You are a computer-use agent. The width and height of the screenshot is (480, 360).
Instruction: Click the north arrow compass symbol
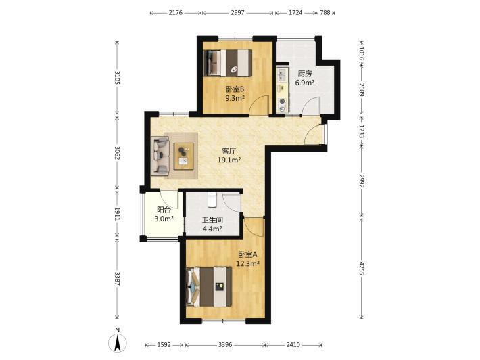coord(118,343)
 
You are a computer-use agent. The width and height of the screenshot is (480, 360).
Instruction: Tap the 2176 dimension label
coord(176,13)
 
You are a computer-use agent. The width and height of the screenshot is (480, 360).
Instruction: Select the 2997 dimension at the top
coord(237,13)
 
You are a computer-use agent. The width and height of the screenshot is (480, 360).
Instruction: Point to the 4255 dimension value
coord(362,268)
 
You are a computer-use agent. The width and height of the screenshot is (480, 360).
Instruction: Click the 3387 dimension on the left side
coord(117,279)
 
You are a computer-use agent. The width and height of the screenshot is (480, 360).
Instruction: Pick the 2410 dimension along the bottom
coord(293,345)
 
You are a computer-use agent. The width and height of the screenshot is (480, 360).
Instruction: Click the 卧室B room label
coord(235,89)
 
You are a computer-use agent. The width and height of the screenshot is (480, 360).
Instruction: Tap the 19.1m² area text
coord(229,160)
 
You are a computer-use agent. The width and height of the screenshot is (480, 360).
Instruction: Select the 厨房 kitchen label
coord(305,74)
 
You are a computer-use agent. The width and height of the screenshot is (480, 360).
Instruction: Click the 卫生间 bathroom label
coord(212,220)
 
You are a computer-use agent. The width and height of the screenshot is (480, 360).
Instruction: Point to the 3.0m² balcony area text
coord(164,219)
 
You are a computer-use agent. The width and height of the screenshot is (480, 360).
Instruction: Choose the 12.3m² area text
coord(247,263)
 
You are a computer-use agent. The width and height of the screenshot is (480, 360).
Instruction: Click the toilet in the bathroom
coord(212,200)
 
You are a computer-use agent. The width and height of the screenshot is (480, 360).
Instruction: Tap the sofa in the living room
coord(160,156)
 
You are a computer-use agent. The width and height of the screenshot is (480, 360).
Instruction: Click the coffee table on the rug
coord(184,156)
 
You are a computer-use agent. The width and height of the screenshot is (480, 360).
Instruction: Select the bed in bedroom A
coord(209,287)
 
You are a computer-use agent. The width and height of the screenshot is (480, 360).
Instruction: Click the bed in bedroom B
coord(228,63)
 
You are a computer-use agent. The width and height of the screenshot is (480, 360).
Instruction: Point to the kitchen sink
coord(282,75)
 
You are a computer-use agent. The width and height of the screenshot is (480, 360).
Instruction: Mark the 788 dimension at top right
coord(325,13)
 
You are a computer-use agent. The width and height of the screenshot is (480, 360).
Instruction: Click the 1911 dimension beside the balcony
coord(117,214)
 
